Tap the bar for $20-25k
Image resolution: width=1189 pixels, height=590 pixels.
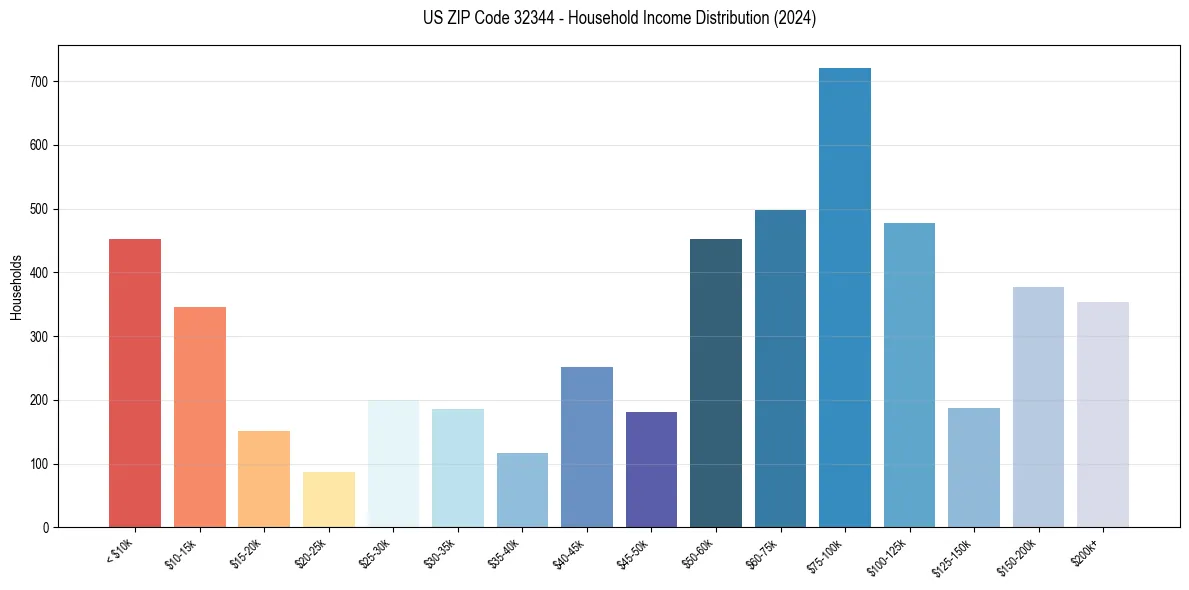tap(329, 499)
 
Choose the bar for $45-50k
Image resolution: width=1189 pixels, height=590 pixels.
tap(651, 469)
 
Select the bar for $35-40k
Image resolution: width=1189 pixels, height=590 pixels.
tap(522, 490)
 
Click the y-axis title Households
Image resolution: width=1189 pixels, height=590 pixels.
tap(17, 287)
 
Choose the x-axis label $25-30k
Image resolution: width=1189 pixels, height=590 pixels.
tap(375, 553)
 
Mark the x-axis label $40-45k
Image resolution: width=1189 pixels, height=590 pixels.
tap(569, 553)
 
